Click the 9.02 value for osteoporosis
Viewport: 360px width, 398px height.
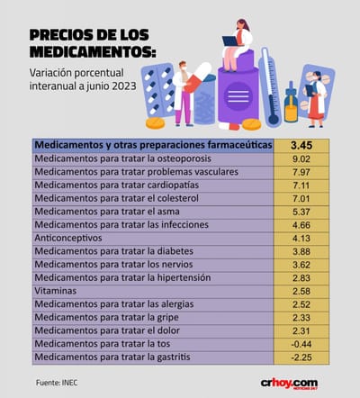click(x=301, y=159)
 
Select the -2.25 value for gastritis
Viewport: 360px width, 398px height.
click(x=301, y=357)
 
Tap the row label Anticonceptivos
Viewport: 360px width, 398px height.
click(x=68, y=238)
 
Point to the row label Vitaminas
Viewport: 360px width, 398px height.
click(x=56, y=291)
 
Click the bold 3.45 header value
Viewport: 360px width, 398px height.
click(x=301, y=145)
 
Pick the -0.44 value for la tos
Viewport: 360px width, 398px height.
click(x=301, y=344)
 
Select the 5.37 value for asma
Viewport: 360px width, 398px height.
click(x=301, y=212)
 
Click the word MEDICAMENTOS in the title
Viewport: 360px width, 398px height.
click(x=93, y=51)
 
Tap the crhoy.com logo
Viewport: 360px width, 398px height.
click(x=289, y=384)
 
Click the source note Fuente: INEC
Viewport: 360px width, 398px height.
click(x=57, y=383)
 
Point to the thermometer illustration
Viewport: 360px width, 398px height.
click(x=270, y=87)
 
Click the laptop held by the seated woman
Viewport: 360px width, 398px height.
click(x=231, y=41)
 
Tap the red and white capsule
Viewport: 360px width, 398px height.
click(x=198, y=77)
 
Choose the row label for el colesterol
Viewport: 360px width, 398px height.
click(x=116, y=198)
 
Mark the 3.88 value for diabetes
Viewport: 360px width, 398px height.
click(x=301, y=251)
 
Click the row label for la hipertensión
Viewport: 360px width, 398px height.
click(x=122, y=278)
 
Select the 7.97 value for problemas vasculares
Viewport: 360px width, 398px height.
click(x=301, y=172)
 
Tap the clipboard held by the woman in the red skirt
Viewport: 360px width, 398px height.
click(x=310, y=90)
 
